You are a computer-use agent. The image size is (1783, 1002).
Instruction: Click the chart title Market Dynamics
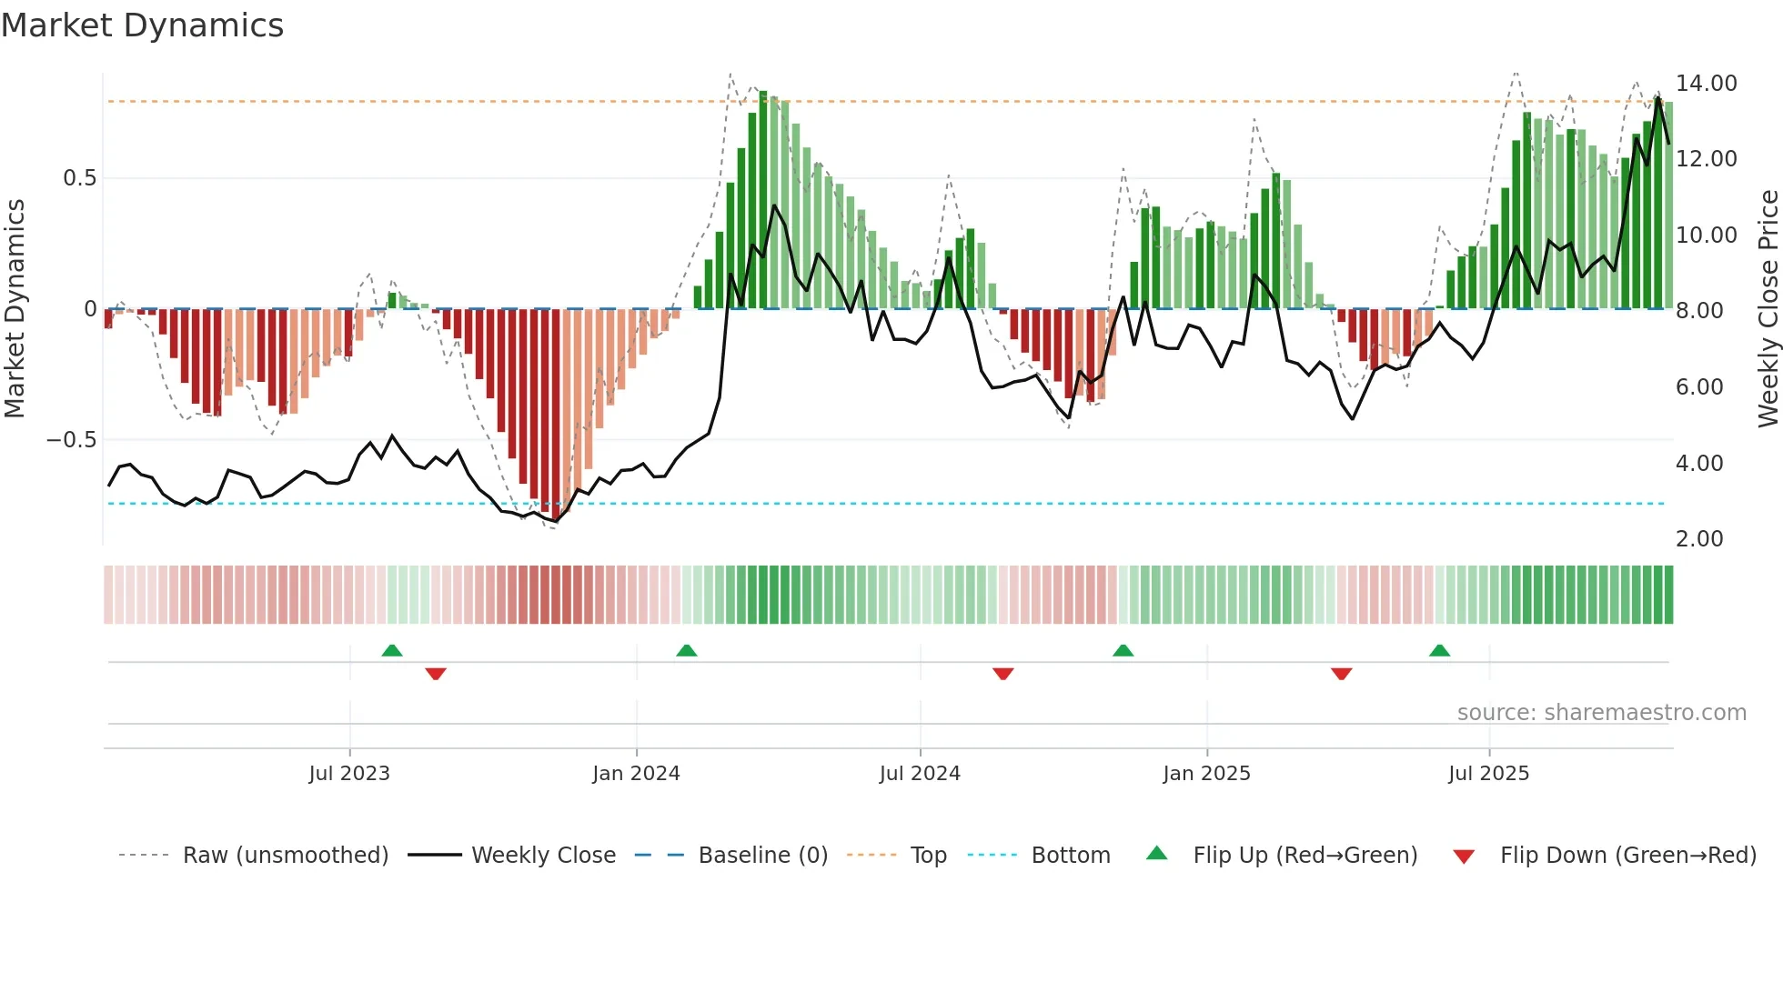coord(142,25)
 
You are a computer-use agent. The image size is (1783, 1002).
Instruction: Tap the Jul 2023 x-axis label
coord(349,774)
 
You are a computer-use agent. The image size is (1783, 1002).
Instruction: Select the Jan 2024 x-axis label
coord(636,774)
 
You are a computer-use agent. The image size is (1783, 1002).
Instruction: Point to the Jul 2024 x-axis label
coord(920,774)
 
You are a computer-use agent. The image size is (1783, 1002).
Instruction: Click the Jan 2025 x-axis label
coord(1206,774)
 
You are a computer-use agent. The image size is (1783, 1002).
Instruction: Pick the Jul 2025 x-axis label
coord(1488,774)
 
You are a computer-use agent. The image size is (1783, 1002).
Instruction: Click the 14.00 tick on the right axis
coord(1706,84)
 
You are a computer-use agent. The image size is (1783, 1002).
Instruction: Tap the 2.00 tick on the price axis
coord(1699,539)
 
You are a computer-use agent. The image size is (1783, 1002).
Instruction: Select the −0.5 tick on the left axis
coord(71,440)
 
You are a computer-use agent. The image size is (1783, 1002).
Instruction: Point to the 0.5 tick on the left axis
coord(79,178)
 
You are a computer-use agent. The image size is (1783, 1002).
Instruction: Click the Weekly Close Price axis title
coord(1768,309)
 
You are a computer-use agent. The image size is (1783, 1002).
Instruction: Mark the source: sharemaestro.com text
coord(1601,713)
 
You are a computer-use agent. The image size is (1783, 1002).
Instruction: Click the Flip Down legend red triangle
coord(1464,857)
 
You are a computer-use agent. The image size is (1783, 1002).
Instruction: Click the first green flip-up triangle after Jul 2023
coord(392,651)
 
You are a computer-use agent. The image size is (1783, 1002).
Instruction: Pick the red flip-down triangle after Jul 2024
coord(1003,674)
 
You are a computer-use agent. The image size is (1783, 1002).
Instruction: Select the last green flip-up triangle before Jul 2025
coord(1439,651)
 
